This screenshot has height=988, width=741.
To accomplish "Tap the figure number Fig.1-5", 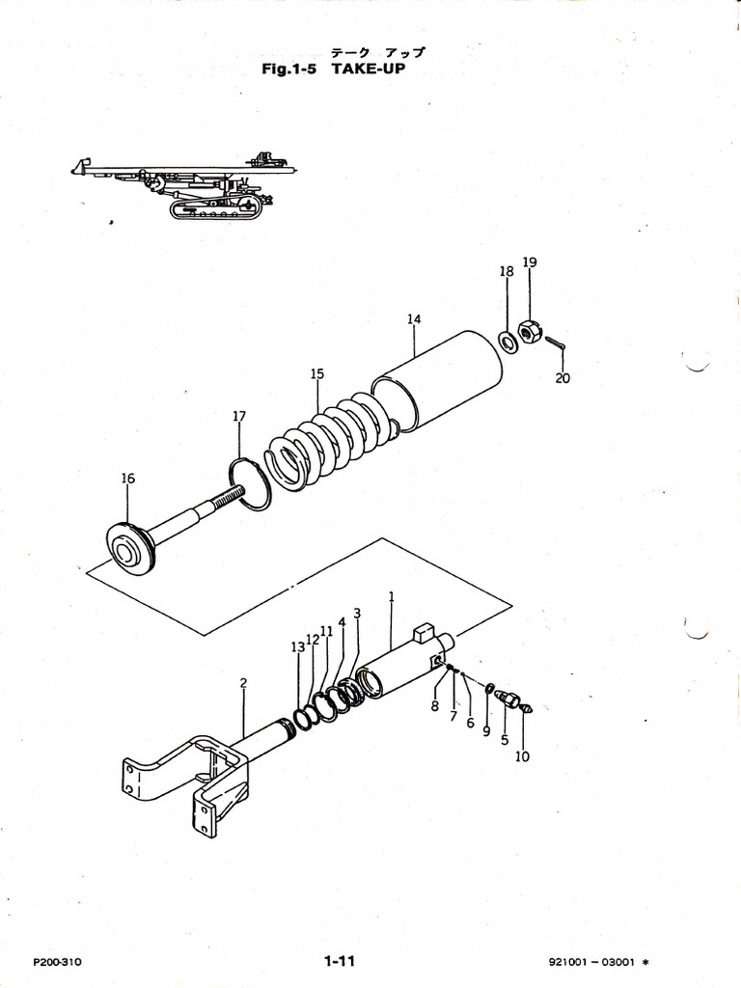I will pos(291,69).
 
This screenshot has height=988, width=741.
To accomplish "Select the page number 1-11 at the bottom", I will pos(341,961).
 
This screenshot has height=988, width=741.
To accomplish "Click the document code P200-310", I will pos(58,962).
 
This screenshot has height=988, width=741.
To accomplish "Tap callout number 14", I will pos(413,318).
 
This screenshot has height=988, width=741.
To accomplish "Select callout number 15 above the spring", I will pos(317,373).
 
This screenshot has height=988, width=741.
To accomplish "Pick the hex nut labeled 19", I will pos(529,332).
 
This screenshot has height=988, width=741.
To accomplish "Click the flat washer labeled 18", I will pos(507,341).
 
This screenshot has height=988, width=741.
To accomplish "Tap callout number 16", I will pos(127,478).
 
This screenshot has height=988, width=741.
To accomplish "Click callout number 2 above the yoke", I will pos(243,683).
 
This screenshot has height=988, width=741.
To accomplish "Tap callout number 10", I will pos(522,756).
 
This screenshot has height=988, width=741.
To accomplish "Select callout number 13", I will pos(298,647).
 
